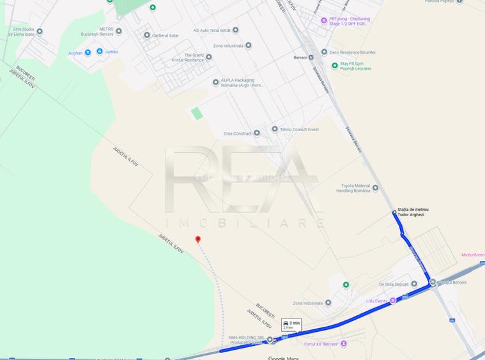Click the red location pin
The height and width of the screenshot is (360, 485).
coord(198,240)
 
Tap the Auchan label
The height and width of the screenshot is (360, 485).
coord(75,53)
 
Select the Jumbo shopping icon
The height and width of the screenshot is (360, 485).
coord(100,51)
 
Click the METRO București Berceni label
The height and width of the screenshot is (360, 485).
coord(97,31)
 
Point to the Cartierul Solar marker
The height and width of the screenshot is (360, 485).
coord(147,35)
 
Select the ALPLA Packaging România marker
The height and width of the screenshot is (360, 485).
coord(216,82)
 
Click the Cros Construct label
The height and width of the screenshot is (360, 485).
coord(237,134)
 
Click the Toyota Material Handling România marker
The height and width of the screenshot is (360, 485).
coord(375,187)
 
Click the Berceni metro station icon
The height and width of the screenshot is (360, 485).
coord(311,56)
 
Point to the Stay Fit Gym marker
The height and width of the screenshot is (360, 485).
coord(335,65)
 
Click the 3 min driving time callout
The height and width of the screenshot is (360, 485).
coord(291,324)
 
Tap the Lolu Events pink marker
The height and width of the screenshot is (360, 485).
coord(393,300)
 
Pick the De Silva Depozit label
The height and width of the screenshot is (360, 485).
coord(394,284)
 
